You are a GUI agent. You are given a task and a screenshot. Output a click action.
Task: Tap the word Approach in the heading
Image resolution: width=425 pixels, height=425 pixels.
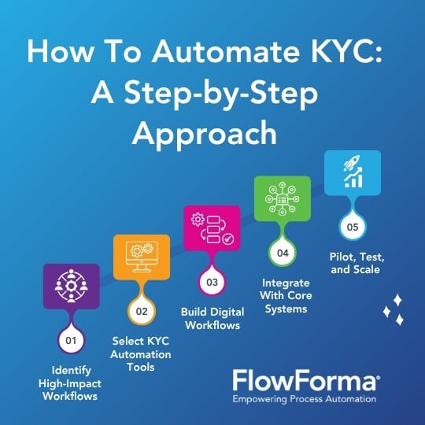coord(205,134)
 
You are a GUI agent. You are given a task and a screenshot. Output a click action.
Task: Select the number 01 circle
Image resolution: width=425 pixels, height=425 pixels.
coord(71,341)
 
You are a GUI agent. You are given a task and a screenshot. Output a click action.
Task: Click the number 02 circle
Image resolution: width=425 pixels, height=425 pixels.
coord(142,311)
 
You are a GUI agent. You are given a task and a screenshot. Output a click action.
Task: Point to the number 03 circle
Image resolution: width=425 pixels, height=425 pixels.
coord(212,283)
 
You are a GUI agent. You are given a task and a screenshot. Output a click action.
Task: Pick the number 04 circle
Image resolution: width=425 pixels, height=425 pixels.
coord(283,253)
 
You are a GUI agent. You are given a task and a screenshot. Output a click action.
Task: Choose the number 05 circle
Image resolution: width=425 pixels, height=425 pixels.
coord(353,227)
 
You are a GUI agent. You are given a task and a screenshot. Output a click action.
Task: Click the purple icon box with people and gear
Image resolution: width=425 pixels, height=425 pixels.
coord(72,286)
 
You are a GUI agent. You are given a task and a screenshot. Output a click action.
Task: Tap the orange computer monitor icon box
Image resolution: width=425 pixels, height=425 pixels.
coord(142,257)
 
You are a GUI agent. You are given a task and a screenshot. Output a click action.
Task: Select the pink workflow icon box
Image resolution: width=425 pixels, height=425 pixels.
coord(212,228)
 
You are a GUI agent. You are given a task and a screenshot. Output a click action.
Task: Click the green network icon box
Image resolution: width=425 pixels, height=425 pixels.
coord(283,198)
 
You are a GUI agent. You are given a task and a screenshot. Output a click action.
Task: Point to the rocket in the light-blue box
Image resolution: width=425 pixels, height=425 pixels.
coord(352,163)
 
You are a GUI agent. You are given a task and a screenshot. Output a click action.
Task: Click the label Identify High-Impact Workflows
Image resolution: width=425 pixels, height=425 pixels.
coord(70,383)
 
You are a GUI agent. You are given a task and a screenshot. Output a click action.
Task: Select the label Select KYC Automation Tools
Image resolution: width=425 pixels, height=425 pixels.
coord(141,354)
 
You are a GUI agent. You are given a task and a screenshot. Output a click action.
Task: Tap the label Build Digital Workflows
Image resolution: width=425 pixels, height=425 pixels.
coord(213,319)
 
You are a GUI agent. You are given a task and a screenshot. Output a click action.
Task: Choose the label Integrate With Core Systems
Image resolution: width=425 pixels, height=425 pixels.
coord(286,296)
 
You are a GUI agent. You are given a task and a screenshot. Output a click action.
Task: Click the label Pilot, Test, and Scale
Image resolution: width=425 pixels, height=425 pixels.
coord(357,263)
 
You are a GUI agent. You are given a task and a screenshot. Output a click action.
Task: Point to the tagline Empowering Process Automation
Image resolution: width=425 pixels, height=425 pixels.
coord(305,399)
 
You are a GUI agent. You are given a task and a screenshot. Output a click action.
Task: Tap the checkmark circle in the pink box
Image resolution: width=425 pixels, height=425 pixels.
coord(228,239)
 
